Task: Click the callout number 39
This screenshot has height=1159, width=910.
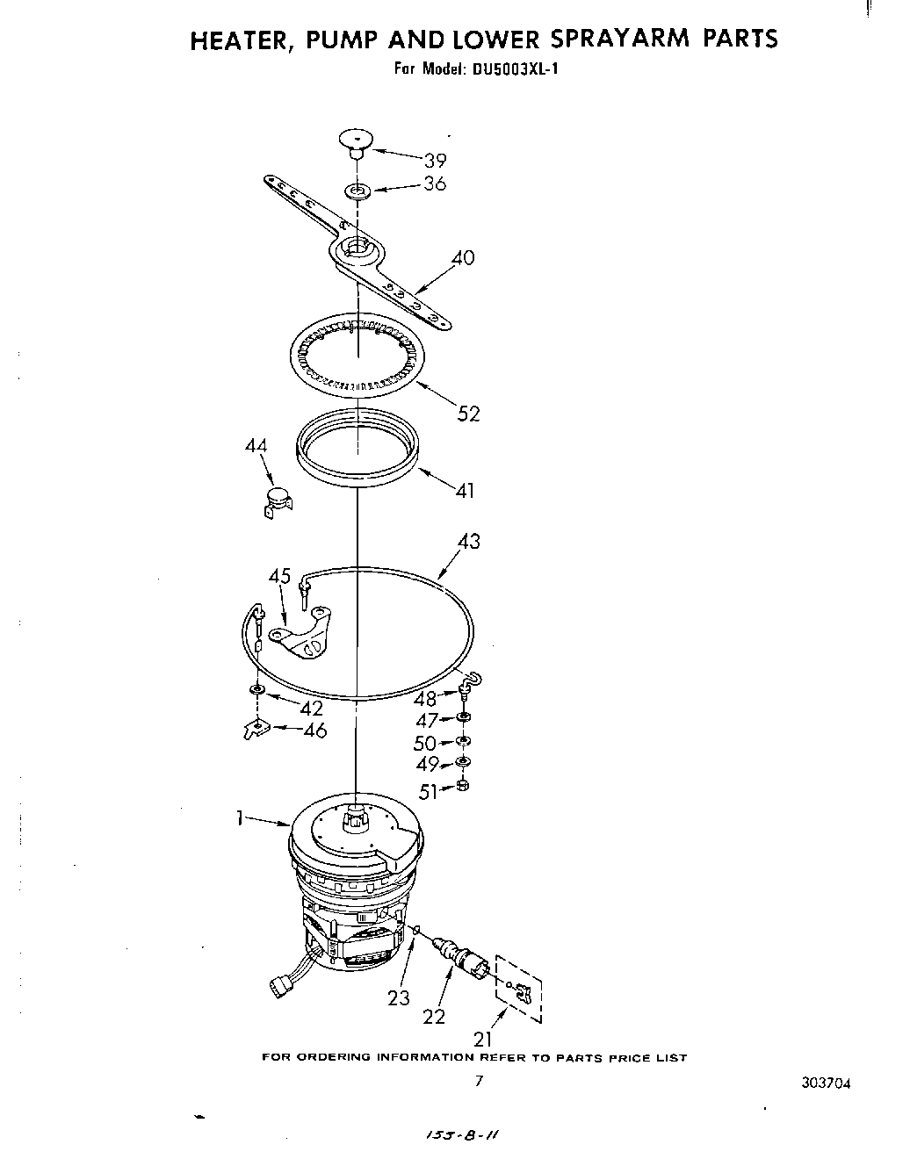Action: point(435,160)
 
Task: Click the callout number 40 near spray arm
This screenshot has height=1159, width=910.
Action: point(463,257)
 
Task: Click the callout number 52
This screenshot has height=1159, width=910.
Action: point(469,414)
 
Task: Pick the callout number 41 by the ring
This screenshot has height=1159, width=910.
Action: point(465,490)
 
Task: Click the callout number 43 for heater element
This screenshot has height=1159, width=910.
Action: point(469,541)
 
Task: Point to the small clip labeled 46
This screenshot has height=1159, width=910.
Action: point(255,728)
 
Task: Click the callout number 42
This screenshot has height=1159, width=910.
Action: point(311,708)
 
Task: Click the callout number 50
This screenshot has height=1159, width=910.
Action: point(424,744)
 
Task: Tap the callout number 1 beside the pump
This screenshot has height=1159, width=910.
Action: point(239,817)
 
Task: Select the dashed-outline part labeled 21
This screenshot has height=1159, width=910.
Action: point(519,989)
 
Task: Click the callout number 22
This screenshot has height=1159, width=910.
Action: point(434,1016)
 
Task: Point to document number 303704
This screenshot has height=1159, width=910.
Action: point(826,1083)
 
